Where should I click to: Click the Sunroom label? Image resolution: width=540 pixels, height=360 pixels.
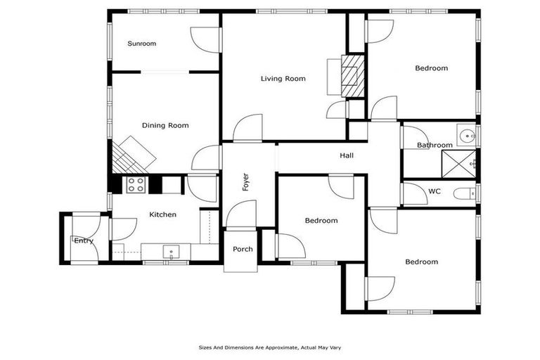pos(141,44)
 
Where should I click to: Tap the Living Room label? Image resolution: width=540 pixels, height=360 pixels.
pos(283,79)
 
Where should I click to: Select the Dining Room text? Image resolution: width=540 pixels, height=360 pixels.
pos(165,126)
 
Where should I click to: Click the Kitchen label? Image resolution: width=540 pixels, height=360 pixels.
pos(162,214)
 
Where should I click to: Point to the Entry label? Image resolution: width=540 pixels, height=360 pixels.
pos(84,241)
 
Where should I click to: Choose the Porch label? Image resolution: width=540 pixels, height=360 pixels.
pos(243,250)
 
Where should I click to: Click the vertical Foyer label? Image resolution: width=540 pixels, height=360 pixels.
pos(245,182)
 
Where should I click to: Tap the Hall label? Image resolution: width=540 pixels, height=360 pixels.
pos(347,156)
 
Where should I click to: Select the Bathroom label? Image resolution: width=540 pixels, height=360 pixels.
pos(435,146)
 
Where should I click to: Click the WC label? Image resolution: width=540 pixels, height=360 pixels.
pos(434,191)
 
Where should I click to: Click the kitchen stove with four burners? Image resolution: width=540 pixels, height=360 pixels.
pos(136,184)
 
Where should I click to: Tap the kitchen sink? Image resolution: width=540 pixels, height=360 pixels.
pos(171,251)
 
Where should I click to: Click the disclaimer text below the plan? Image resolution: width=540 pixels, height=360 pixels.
pos(270,347)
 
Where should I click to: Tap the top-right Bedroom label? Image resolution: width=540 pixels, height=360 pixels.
pos(431,68)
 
